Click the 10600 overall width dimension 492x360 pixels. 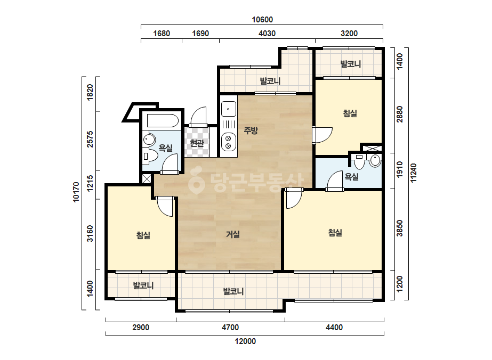(x=262, y=20)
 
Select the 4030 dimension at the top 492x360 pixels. (x=267, y=34)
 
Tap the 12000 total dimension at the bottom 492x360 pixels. (x=245, y=341)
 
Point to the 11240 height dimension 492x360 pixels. (x=414, y=173)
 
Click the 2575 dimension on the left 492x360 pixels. (x=90, y=139)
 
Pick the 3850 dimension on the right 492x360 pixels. (x=399, y=228)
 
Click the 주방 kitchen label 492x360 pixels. (x=251, y=130)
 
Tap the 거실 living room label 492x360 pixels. (x=233, y=234)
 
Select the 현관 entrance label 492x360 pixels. (x=197, y=143)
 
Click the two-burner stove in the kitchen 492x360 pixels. (x=229, y=142)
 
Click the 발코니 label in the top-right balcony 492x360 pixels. (x=351, y=64)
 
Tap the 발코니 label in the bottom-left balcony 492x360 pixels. (x=143, y=285)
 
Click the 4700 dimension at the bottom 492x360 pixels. (x=230, y=328)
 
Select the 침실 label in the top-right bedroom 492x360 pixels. (x=350, y=113)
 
